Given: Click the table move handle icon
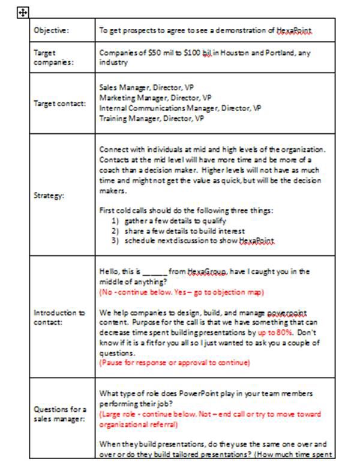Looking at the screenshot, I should [x=22, y=13].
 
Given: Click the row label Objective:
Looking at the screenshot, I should [x=51, y=30].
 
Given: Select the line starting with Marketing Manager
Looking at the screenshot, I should [x=155, y=97].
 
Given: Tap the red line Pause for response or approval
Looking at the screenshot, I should [x=174, y=363].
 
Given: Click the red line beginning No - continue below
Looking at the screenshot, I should [x=181, y=292].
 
